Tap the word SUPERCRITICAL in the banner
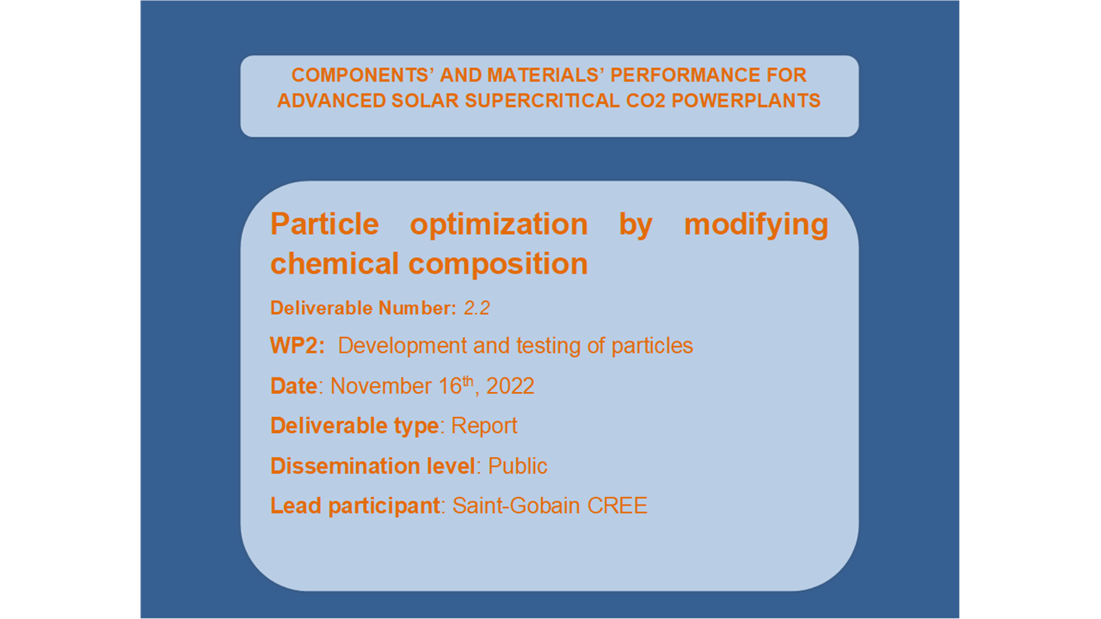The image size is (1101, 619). tap(542, 101)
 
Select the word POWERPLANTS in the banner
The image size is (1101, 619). tap(746, 101)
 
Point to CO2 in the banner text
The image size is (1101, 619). tap(645, 101)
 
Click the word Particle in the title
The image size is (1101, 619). tap(324, 224)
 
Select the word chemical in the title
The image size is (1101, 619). tap(335, 264)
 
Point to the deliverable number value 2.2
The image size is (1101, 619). tap(477, 308)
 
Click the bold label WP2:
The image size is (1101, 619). tap(298, 346)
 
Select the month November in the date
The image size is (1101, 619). tap(381, 386)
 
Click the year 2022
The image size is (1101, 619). tap(510, 386)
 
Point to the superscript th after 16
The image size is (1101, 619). tap(468, 381)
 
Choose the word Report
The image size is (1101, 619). tap(484, 426)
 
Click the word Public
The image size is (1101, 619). tap(518, 466)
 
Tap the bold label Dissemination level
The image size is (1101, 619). tap(373, 466)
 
